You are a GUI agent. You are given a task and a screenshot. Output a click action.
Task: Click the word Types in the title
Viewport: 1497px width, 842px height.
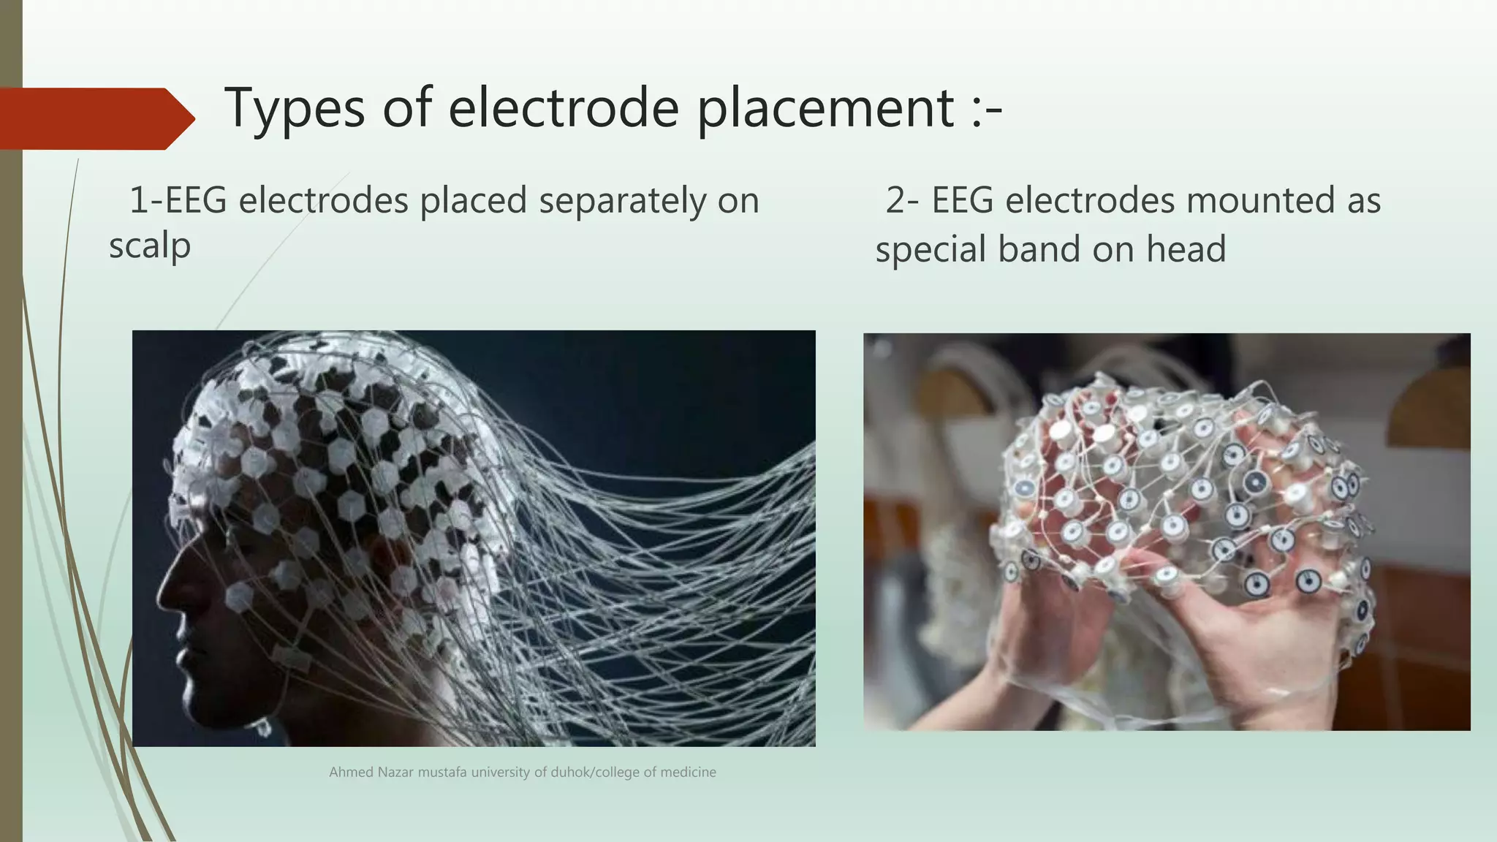(295, 108)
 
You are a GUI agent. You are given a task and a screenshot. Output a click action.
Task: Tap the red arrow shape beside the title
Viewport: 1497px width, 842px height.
(95, 118)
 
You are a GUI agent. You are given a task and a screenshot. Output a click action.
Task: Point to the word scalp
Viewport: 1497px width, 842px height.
(150, 246)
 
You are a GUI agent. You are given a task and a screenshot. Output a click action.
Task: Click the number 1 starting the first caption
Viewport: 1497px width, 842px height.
(137, 201)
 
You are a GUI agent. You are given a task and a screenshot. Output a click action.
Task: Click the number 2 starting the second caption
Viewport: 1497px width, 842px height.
(897, 201)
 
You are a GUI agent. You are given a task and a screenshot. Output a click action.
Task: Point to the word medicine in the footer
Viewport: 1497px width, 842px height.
(688, 773)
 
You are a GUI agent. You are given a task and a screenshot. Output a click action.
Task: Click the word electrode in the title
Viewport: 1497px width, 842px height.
(564, 108)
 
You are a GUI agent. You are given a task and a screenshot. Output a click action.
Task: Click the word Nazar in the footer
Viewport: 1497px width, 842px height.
(395, 773)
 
